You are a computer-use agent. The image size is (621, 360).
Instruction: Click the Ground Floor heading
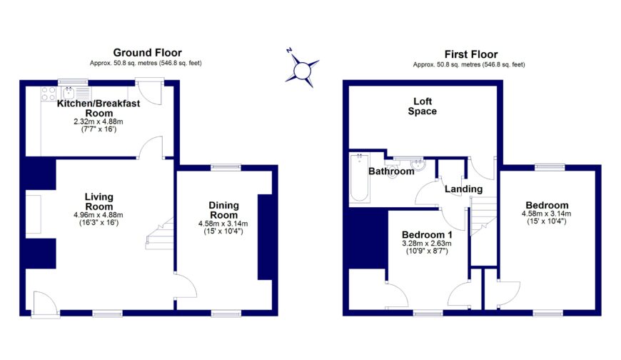coord(147,53)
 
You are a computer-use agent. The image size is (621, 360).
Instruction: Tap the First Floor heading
coord(470,54)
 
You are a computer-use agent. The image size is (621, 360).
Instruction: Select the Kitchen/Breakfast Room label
coord(99,108)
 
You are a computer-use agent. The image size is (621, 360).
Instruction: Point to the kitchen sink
coord(70,93)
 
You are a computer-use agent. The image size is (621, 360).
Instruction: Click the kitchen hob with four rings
coord(49,94)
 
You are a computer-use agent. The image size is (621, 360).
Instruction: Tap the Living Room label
coord(99,201)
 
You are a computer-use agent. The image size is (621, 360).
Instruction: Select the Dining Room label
coord(223,210)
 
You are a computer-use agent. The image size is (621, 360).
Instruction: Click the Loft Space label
coord(422,106)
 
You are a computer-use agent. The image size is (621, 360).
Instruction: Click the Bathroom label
coord(391,171)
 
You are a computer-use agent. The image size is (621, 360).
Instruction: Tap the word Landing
coord(464,189)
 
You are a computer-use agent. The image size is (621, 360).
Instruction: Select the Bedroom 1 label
coord(427,235)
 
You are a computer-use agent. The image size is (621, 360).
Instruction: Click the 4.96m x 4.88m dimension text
coord(99,215)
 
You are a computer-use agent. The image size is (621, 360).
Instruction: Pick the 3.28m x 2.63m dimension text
coord(427,244)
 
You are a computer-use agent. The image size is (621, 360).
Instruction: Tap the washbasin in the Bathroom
coord(421,166)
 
